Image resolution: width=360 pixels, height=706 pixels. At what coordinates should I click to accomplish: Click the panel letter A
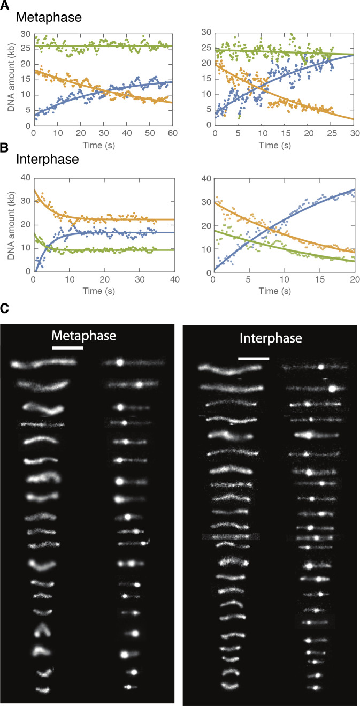tap(5, 4)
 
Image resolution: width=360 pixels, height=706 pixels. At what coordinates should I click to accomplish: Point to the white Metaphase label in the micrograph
tap(84, 336)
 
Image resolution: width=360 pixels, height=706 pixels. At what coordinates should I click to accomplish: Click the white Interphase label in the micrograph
tap(277, 339)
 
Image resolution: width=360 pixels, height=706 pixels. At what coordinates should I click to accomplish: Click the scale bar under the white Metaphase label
tap(68, 348)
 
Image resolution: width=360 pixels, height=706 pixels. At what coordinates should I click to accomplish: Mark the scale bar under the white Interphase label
tap(254, 358)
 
